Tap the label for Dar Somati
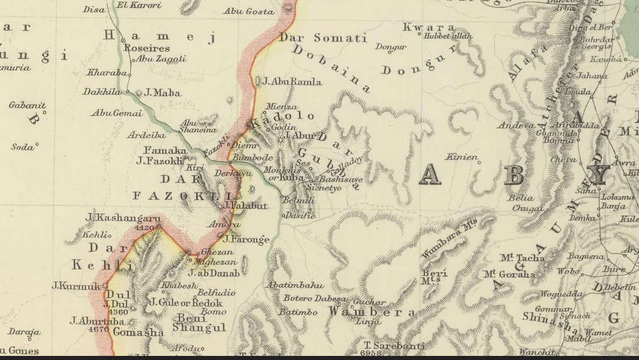323,38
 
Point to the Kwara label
429,27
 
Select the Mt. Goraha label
509,274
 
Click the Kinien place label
461,157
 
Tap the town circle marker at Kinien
480,163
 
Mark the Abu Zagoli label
161,59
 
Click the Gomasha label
138,332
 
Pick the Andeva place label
516,125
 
